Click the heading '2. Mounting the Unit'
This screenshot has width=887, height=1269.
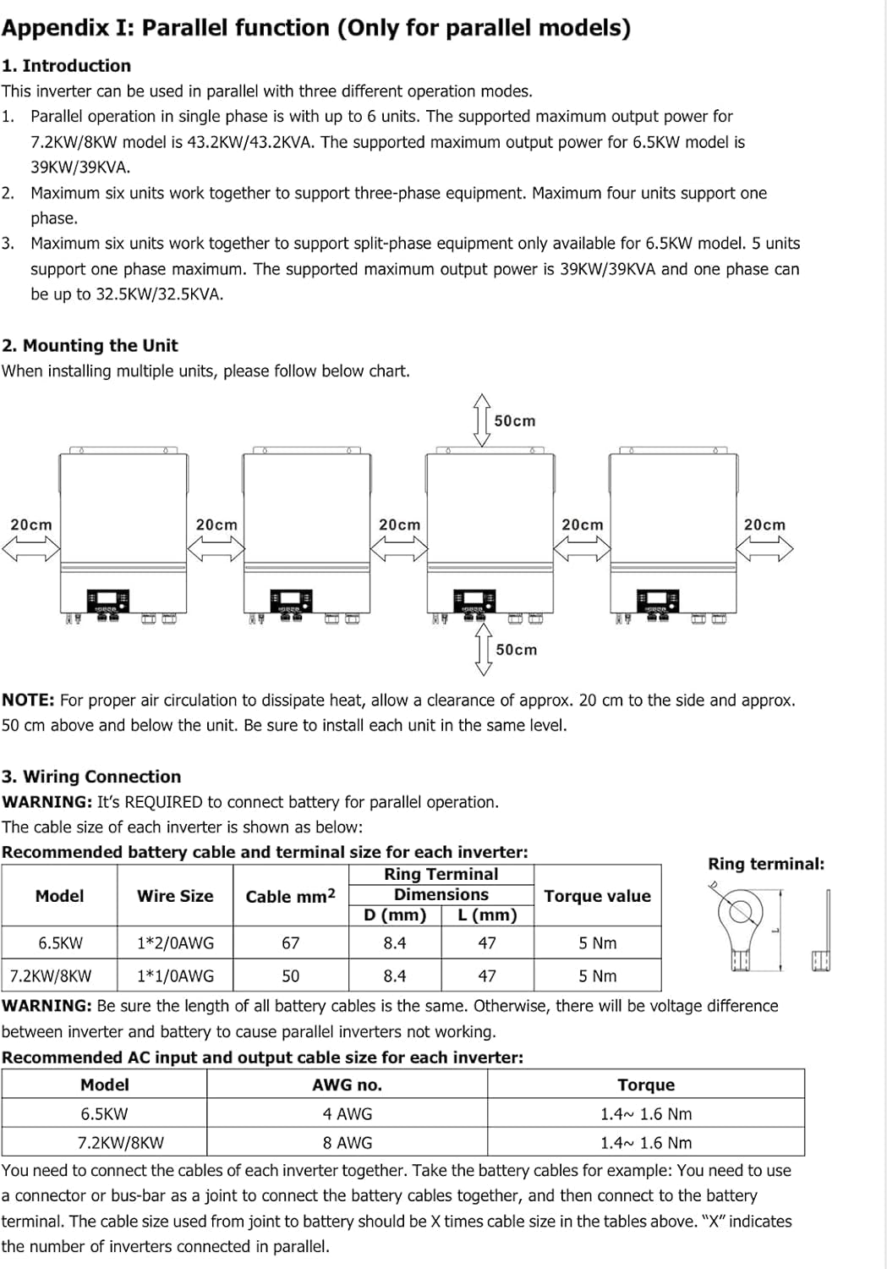[90, 345]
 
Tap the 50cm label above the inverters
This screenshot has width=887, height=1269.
[515, 421]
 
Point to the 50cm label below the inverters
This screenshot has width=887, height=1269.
[517, 650]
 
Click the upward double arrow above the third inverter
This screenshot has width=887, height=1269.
[482, 420]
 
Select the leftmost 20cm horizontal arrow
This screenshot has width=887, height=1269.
[31, 548]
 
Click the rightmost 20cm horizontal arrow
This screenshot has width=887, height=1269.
[764, 548]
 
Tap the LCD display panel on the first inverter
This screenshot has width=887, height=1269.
[107, 601]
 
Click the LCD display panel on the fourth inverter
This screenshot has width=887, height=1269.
[658, 601]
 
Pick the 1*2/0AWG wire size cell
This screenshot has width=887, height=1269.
[176, 942]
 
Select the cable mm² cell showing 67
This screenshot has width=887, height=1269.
[290, 942]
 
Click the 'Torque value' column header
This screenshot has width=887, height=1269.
[597, 896]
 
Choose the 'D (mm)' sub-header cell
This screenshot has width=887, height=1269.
[395, 915]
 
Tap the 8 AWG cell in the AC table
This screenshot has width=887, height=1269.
[347, 1142]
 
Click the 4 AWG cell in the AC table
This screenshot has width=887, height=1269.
[347, 1113]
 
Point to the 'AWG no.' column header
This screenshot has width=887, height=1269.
[347, 1085]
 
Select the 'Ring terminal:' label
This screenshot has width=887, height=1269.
[766, 864]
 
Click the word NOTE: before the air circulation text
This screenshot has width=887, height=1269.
[28, 700]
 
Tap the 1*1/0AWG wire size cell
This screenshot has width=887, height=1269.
[176, 975]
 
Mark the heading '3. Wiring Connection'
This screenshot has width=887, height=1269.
[91, 776]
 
